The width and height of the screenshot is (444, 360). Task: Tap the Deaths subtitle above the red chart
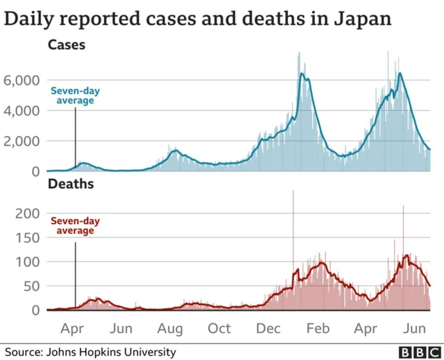pos(70,185)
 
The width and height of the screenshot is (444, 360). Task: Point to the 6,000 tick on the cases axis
pos(23,80)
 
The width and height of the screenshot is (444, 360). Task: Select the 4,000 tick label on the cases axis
pos(23,111)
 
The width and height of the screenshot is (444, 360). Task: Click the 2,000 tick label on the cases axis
pos(23,142)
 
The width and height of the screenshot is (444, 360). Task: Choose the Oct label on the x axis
pos(220,328)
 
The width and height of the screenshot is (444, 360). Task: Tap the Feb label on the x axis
pos(318,328)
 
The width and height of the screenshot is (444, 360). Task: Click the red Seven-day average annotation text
pos(75,226)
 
